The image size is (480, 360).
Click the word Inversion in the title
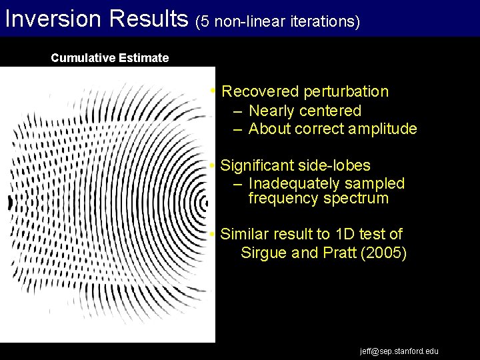click(51, 18)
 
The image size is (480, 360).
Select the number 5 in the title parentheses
click(205, 21)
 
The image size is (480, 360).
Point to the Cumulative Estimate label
click(110, 58)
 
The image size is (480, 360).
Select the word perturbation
click(346, 91)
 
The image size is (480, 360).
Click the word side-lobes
click(338, 165)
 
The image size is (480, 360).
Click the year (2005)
click(383, 253)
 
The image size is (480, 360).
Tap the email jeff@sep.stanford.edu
click(399, 351)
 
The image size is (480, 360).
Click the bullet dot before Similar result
click(211, 234)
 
